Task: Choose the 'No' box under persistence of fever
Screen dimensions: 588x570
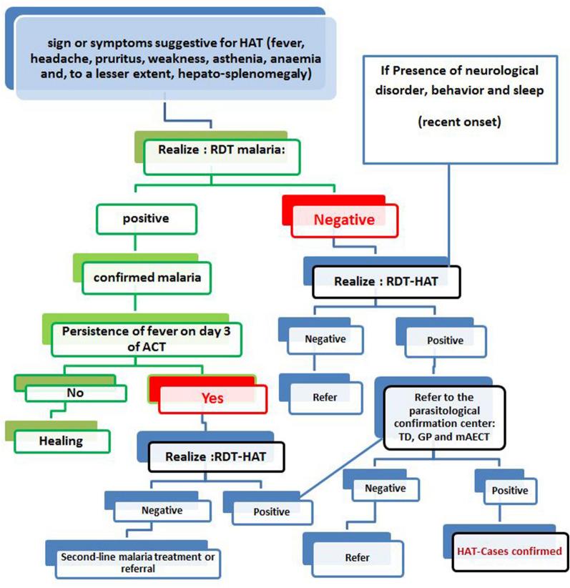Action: coord(77,392)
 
